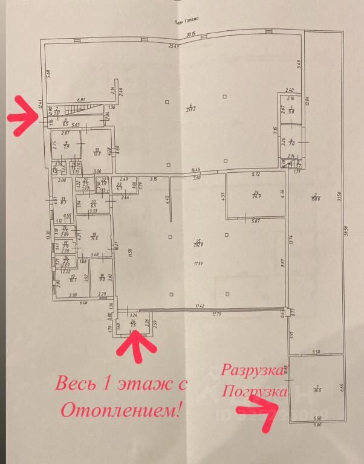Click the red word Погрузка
coord(253,391)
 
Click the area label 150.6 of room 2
coord(313,196)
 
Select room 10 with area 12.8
coord(96,152)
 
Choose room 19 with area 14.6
coord(94,237)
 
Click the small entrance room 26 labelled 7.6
coord(133,325)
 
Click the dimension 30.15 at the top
coord(192,34)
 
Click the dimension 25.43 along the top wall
coord(175,46)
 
